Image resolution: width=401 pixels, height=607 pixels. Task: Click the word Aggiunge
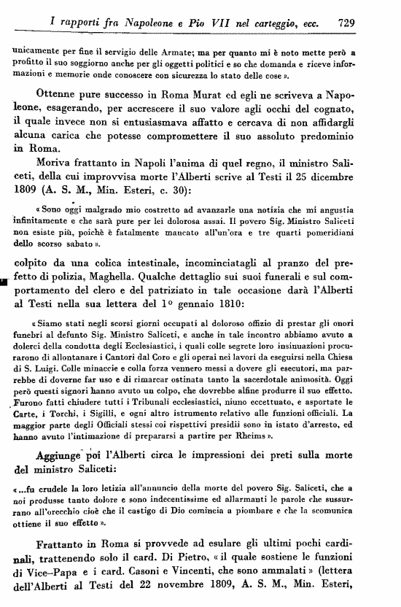click(62, 455)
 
